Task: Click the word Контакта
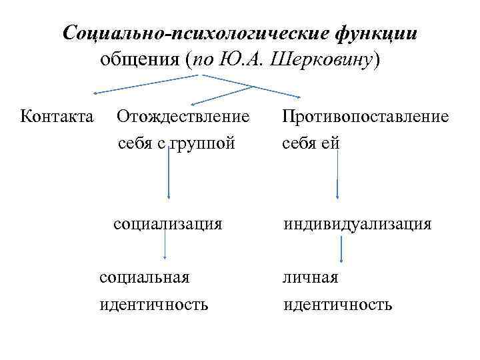(x=57, y=117)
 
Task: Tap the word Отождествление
(x=183, y=117)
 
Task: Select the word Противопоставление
(x=365, y=117)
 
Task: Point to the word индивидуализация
(x=358, y=223)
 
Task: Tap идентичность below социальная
(x=154, y=305)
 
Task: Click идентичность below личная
(x=338, y=305)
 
